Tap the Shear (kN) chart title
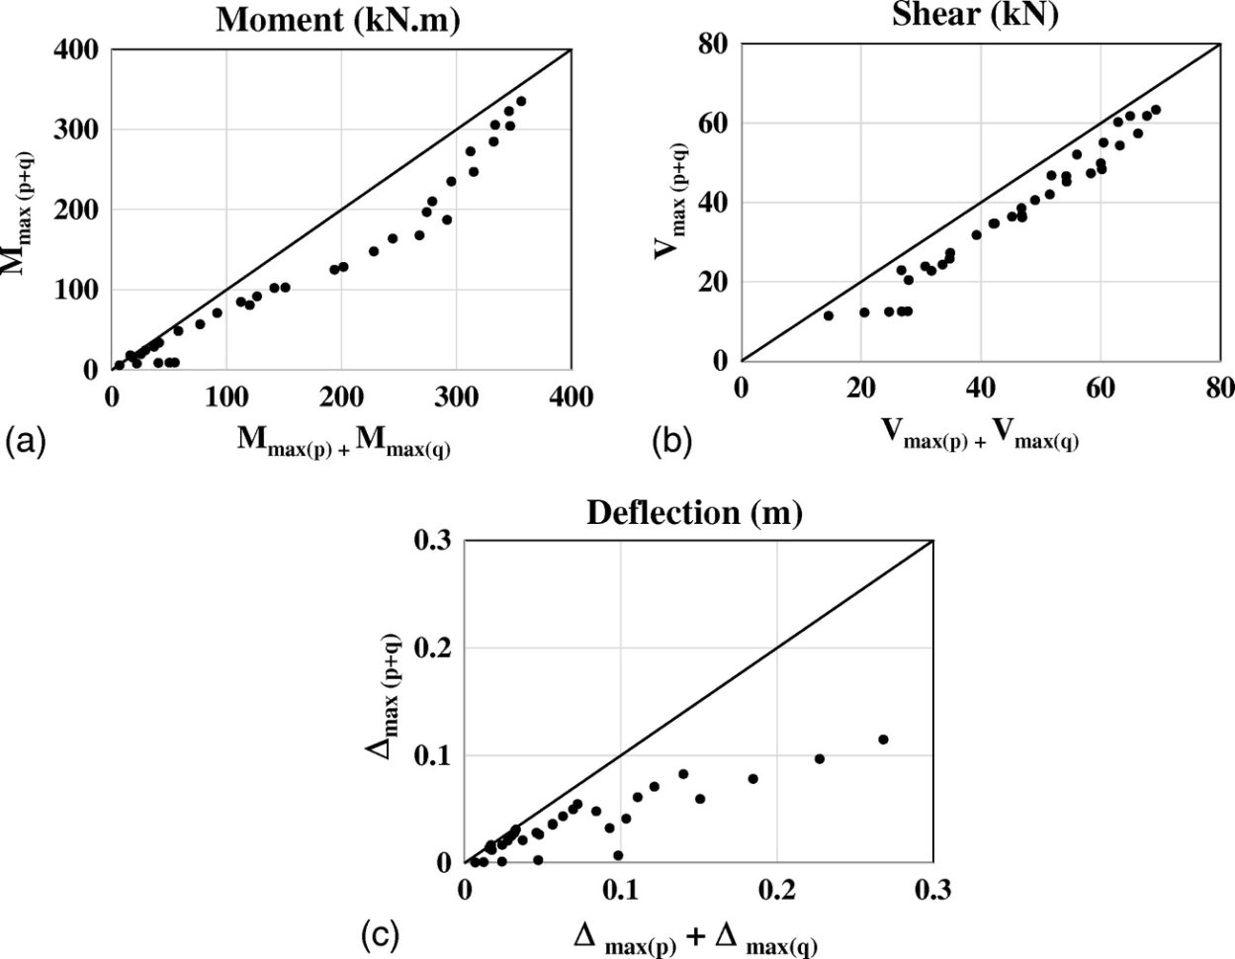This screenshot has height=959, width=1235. (x=975, y=15)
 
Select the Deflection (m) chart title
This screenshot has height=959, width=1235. (x=694, y=512)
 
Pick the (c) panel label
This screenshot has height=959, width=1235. (x=381, y=934)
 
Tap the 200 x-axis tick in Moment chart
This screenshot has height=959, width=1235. (x=342, y=397)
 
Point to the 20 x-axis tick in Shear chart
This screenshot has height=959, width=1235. (x=860, y=388)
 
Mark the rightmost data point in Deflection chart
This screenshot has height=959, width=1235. (x=883, y=740)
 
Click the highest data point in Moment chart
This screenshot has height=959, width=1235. (x=521, y=101)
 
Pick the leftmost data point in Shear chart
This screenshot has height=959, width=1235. (x=829, y=315)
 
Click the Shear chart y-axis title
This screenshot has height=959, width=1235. (x=672, y=201)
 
